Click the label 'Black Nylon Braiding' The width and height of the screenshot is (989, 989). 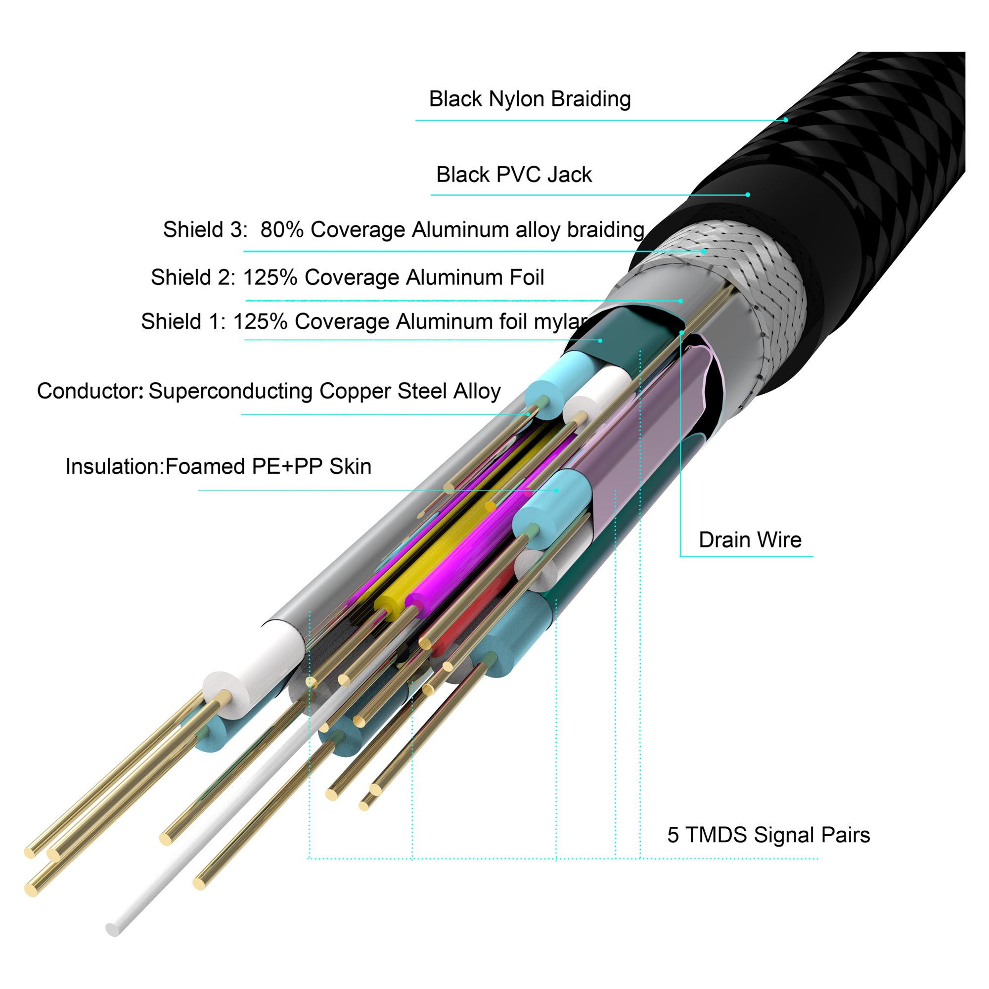529,99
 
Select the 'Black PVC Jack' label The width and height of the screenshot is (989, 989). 513,175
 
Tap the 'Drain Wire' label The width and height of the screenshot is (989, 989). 750,539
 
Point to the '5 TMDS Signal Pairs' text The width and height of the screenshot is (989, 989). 768,834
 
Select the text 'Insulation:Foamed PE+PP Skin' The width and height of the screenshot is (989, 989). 218,466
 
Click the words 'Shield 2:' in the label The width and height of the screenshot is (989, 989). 193,277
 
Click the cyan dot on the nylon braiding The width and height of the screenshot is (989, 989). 786,120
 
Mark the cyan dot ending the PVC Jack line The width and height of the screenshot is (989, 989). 748,194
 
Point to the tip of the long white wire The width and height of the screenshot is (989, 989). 112,929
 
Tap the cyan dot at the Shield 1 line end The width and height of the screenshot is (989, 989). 600,340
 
